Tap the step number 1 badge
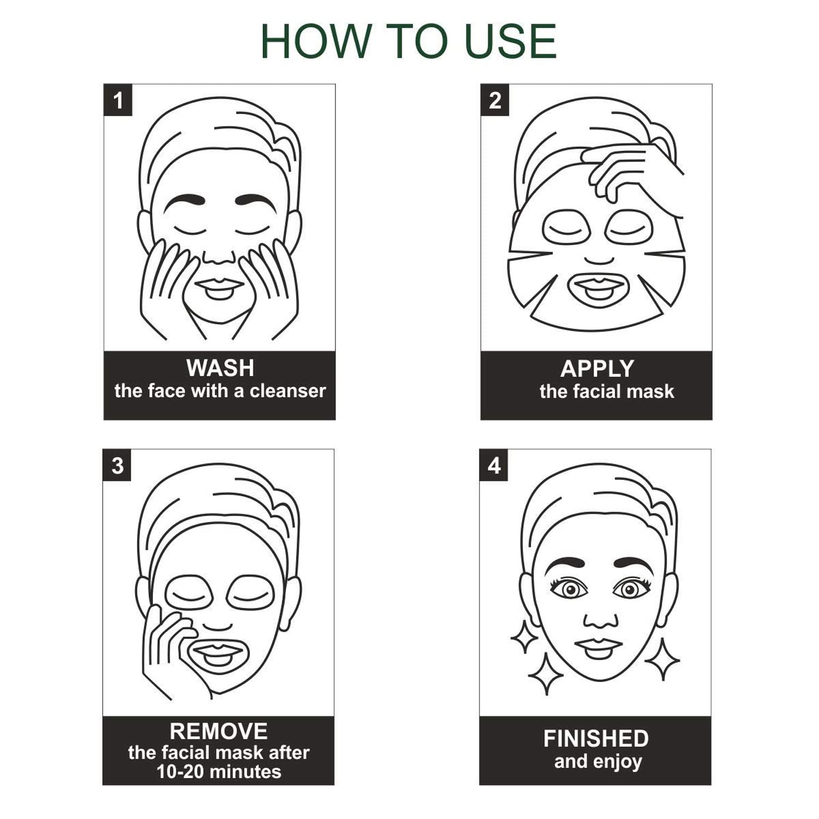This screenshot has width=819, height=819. click(118, 100)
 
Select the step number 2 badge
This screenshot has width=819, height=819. click(495, 100)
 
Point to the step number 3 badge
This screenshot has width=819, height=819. click(117, 465)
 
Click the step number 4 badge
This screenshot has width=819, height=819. click(494, 465)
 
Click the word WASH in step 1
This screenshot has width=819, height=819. click(220, 368)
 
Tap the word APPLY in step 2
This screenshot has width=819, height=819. click(597, 369)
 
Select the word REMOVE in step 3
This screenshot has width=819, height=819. click(218, 731)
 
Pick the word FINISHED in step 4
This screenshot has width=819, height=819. click(596, 739)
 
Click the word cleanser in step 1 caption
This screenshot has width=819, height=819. click(288, 391)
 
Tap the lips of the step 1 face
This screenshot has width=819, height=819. click(219, 287)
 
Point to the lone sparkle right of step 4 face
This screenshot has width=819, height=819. click(662, 659)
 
